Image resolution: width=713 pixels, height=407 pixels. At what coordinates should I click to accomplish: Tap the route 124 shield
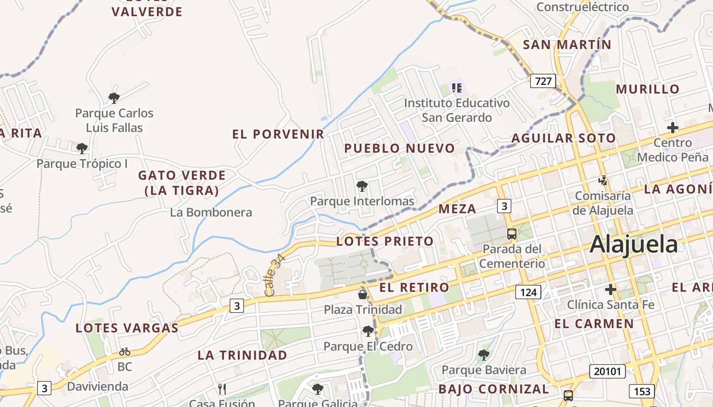pyautogui.click(x=528, y=292)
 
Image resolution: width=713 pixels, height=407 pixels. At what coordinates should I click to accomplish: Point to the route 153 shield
pyautogui.click(x=642, y=391)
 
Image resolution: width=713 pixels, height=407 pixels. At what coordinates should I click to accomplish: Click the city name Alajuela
pyautogui.click(x=634, y=245)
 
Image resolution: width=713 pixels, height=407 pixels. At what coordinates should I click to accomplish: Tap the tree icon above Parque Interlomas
pyautogui.click(x=362, y=186)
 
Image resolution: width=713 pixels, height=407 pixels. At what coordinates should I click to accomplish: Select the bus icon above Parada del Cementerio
pyautogui.click(x=512, y=234)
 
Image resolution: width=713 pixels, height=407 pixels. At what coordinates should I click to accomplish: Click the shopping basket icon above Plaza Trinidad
pyautogui.click(x=363, y=294)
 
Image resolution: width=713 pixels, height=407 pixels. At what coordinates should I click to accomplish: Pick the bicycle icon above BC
pyautogui.click(x=125, y=352)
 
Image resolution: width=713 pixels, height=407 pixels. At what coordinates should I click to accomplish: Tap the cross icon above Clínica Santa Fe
pyautogui.click(x=611, y=289)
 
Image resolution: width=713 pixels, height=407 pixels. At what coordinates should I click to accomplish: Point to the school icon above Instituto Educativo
pyautogui.click(x=457, y=88)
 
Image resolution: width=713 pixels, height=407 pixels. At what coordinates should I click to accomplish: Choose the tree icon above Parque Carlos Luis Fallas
pyautogui.click(x=114, y=98)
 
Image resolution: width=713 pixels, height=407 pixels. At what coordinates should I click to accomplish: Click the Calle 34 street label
pyautogui.click(x=275, y=275)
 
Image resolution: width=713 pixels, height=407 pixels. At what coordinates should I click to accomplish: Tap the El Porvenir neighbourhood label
pyautogui.click(x=278, y=134)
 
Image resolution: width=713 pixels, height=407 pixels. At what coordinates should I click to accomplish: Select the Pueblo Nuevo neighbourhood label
pyautogui.click(x=399, y=149)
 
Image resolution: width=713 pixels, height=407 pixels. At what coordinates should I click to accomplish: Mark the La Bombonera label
pyautogui.click(x=211, y=212)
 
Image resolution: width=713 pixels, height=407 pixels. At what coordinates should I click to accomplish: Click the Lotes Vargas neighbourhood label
pyautogui.click(x=127, y=328)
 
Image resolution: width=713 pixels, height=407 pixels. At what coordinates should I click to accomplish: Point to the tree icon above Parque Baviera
pyautogui.click(x=484, y=355)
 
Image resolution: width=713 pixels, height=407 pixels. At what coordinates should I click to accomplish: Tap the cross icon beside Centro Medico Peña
pyautogui.click(x=673, y=128)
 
